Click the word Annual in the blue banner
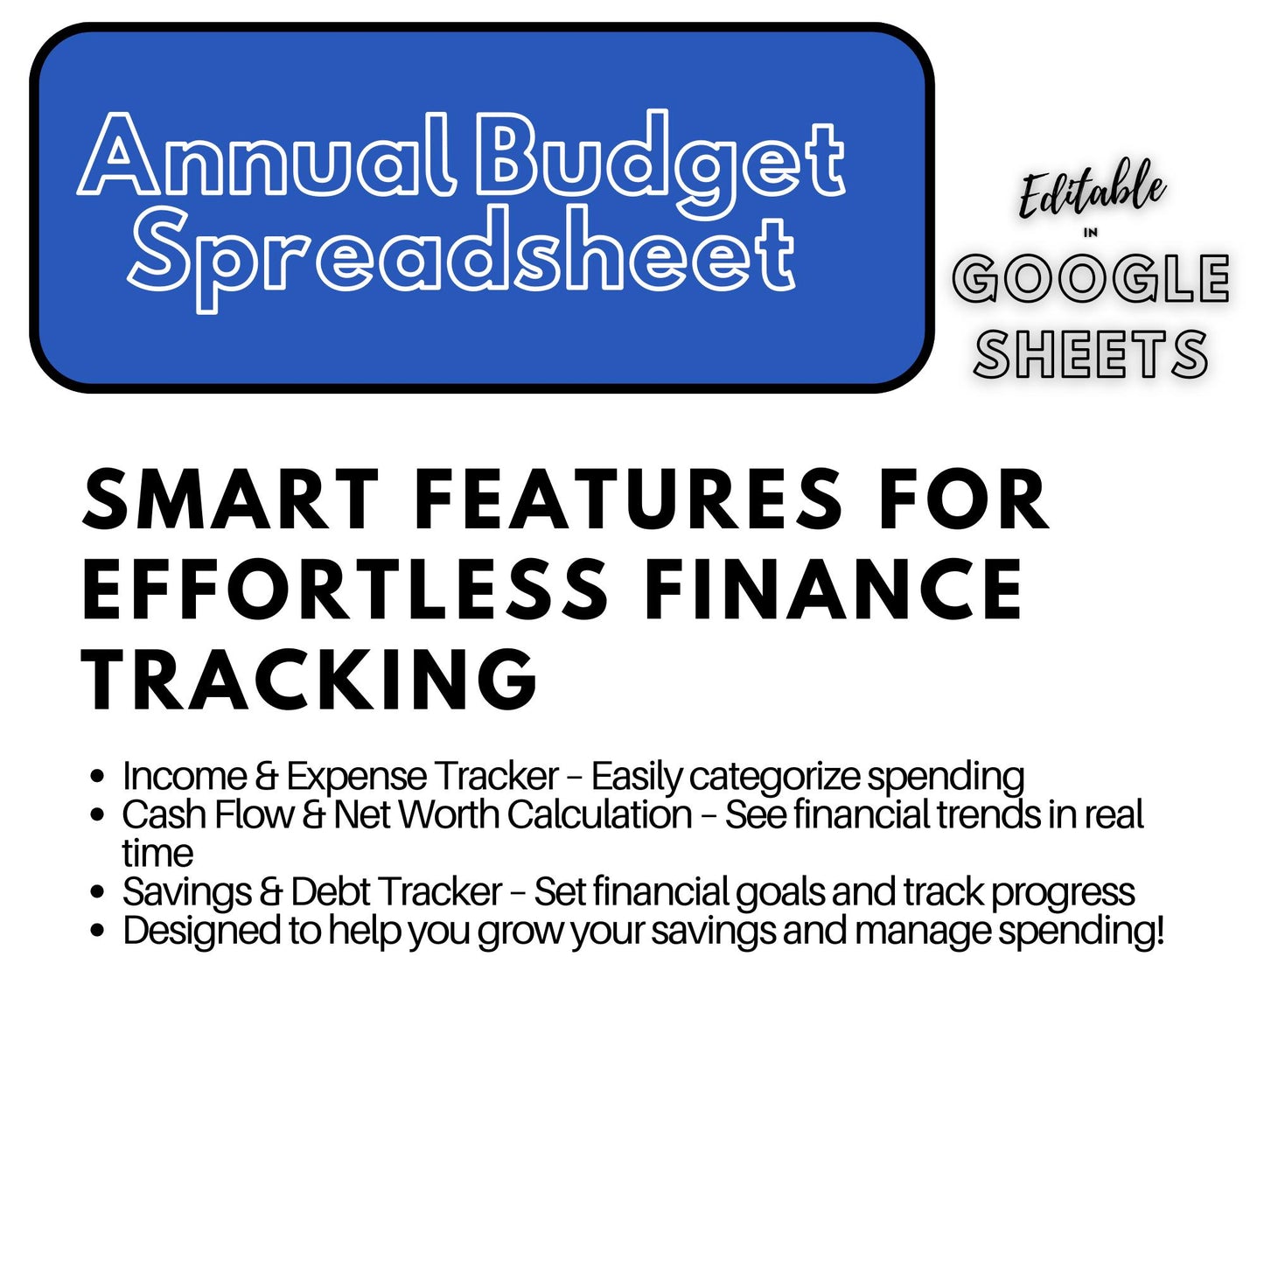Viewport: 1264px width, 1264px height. (267, 157)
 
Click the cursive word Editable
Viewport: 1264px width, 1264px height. (1092, 191)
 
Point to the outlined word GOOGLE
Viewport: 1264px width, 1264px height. (1091, 279)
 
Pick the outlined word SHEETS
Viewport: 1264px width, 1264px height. (1091, 355)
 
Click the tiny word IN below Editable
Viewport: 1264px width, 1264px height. (1091, 233)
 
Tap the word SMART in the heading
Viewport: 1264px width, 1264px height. (230, 499)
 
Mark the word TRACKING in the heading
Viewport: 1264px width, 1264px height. (310, 681)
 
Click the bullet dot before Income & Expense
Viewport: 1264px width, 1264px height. (98, 777)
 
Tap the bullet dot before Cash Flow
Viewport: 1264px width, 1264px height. (98, 815)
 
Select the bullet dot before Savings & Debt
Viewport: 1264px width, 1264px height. (98, 892)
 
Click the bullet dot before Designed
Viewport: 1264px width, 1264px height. (98, 931)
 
